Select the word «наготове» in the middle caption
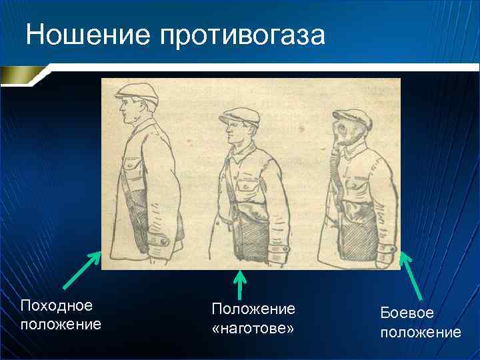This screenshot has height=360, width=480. click(253, 329)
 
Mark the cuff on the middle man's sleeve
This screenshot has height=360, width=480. click(278, 253)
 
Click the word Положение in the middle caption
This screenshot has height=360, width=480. click(253, 309)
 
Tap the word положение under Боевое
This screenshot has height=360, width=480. click(420, 332)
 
